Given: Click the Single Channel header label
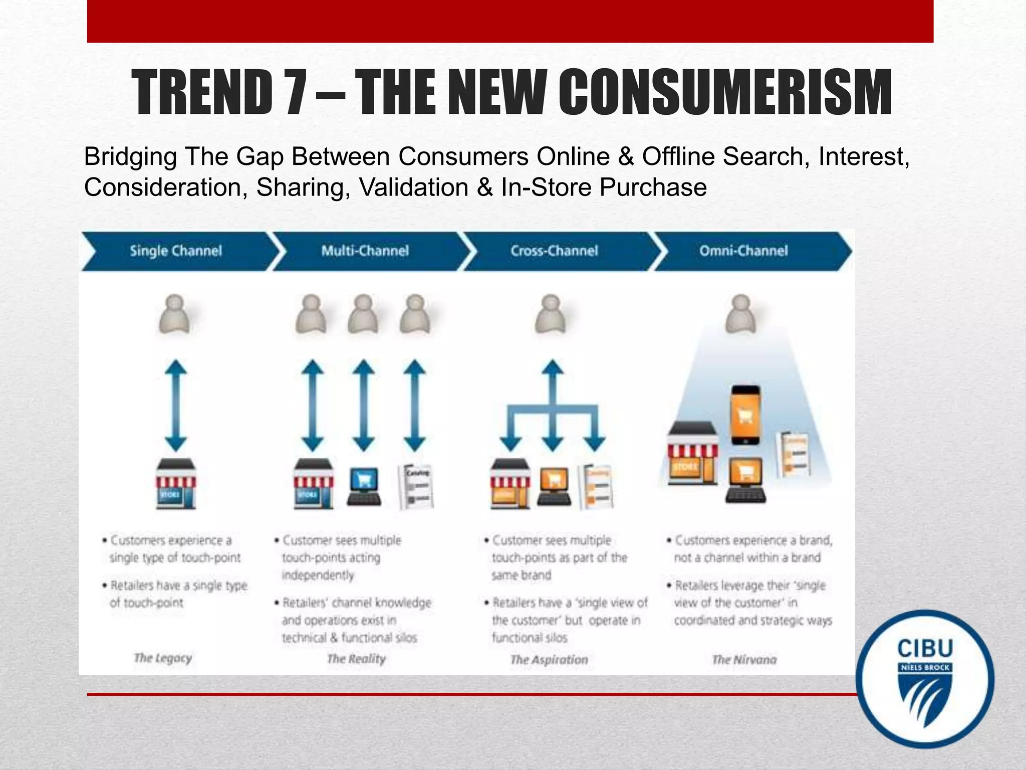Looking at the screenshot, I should [175, 251].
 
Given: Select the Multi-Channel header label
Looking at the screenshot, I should [365, 251].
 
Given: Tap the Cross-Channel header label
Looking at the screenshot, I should [554, 251].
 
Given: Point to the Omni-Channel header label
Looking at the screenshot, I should [743, 251].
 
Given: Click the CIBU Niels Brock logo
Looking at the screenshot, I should [925, 679].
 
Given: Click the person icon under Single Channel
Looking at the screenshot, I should [175, 314].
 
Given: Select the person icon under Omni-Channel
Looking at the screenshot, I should [741, 314].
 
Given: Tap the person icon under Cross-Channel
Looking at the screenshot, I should [551, 314].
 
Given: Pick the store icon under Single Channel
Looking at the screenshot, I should [175, 484].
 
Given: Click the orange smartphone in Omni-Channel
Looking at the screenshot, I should [745, 415].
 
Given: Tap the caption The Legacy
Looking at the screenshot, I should [163, 658].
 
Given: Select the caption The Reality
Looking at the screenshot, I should [356, 659].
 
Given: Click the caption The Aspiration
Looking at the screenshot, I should [549, 660].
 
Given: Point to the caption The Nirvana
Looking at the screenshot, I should [744, 660].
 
